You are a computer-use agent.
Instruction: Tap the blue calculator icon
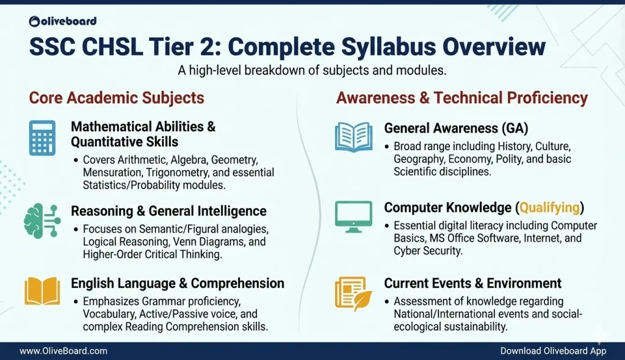click(x=42, y=137)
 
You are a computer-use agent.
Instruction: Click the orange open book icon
click(x=42, y=291)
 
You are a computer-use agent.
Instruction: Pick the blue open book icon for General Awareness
click(x=353, y=137)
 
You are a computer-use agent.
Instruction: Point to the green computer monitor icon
click(x=353, y=216)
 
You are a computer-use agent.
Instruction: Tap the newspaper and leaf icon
click(x=353, y=292)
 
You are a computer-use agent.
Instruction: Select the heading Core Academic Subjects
click(x=117, y=98)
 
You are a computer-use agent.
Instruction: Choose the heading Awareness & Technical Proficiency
click(x=462, y=98)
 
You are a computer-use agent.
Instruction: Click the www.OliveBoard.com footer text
click(x=63, y=351)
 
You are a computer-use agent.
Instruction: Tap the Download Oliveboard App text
click(x=553, y=351)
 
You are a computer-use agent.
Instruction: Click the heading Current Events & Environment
click(x=472, y=283)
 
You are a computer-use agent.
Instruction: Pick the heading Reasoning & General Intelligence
click(x=168, y=211)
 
